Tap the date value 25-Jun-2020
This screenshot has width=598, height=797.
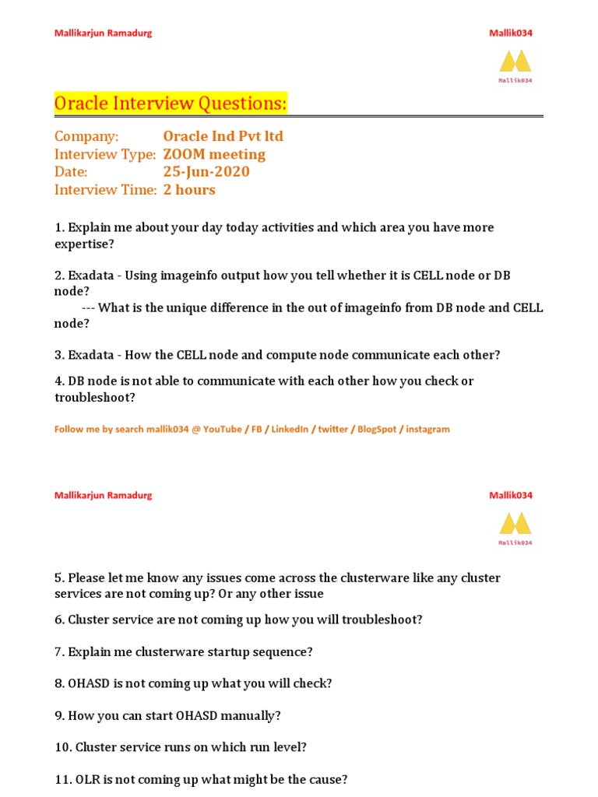point(206,172)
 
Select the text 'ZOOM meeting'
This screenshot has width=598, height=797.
point(214,154)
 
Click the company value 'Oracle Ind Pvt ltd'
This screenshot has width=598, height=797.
point(223,136)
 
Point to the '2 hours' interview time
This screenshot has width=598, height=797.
point(189,190)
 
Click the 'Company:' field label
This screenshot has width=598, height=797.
point(86,136)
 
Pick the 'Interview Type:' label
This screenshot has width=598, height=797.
point(105,154)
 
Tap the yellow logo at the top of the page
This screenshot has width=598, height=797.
point(515,61)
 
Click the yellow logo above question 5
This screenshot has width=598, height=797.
point(515,523)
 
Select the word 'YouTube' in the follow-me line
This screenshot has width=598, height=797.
point(222,430)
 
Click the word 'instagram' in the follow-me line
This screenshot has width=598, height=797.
point(427,430)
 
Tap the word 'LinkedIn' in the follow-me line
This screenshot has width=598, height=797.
point(290,430)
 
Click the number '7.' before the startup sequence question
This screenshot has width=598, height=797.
point(59,652)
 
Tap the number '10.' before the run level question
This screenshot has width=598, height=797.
point(63,747)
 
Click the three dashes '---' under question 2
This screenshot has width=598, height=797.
point(88,307)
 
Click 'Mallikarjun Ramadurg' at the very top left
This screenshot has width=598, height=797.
point(103,33)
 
